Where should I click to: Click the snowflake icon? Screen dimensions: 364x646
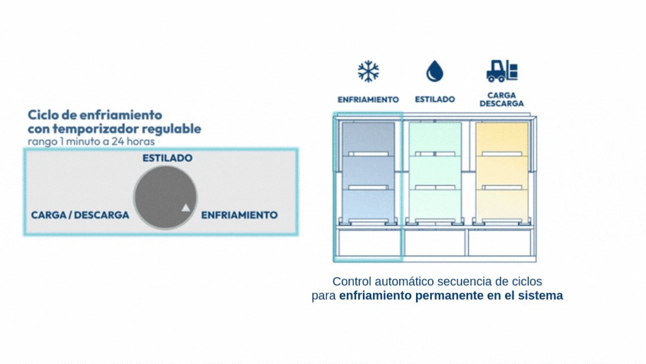[x=368, y=71]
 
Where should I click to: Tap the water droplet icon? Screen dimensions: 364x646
[x=435, y=71]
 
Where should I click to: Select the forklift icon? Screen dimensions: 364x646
[x=501, y=71]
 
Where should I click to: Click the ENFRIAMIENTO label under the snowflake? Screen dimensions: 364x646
[x=368, y=99]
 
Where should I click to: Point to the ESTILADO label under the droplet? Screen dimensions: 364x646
[x=435, y=99]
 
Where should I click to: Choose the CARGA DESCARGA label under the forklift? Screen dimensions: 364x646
[x=501, y=99]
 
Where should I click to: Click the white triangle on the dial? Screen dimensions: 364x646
[x=186, y=208]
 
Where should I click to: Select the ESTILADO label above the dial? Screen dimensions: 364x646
[x=167, y=158]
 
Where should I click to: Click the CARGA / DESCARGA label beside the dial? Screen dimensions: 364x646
[x=80, y=215]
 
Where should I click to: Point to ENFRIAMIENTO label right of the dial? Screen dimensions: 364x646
[x=239, y=215]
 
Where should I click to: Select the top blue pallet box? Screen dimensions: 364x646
[x=368, y=138]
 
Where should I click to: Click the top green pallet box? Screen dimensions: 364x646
[x=435, y=138]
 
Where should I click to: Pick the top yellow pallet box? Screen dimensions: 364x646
[x=501, y=138]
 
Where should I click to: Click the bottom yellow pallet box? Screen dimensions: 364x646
[x=501, y=206]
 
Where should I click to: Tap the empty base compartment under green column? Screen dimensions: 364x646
[x=435, y=243]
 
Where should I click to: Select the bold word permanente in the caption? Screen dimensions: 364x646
[x=447, y=295]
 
